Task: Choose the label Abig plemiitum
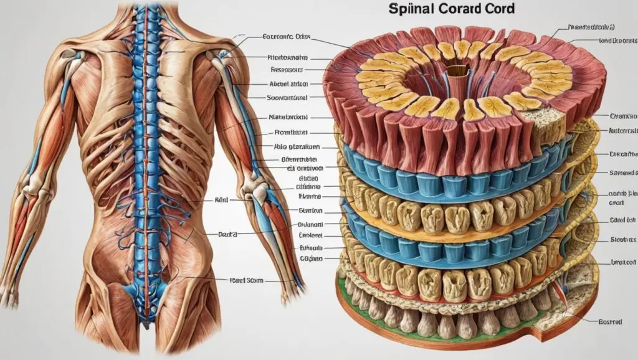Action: pos(297,148)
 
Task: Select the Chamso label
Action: pos(624,116)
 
